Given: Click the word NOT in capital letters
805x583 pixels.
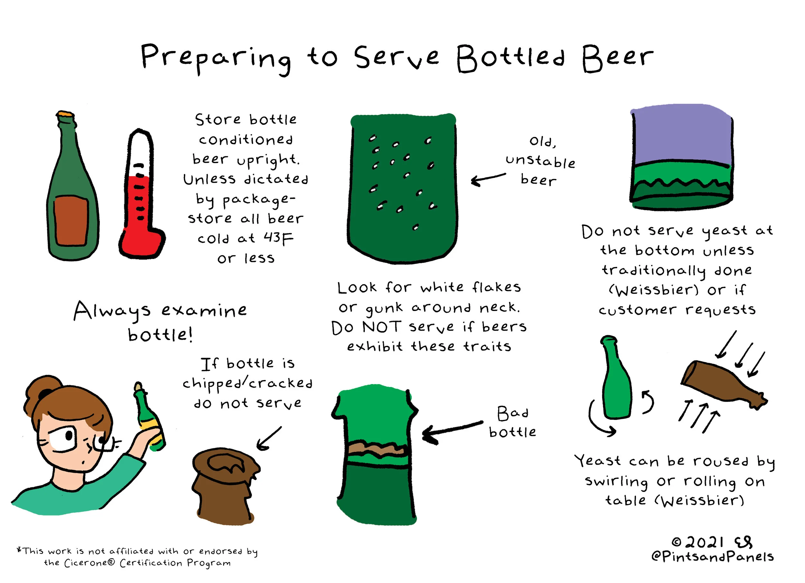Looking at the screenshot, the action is pos(382,326).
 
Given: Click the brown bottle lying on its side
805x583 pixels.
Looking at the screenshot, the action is pos(724,385).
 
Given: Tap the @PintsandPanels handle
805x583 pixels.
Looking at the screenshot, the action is pos(713,556).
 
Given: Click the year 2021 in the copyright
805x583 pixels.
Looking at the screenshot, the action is pos(705,542).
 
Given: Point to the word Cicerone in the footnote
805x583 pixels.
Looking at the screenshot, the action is pos(90,563).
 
